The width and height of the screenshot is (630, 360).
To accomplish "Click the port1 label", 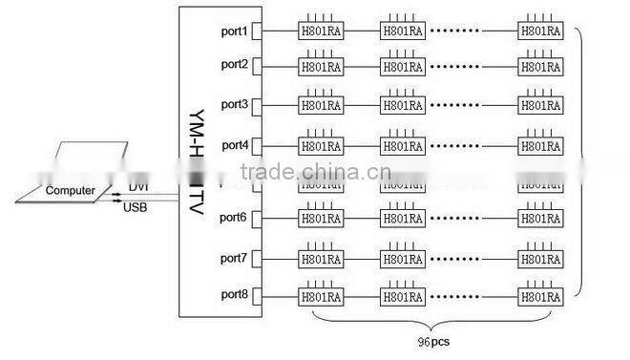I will (234, 32).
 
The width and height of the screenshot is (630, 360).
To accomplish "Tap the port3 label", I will (234, 103).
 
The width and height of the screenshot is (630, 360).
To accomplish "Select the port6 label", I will (234, 218).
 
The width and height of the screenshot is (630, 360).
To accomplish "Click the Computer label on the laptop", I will (71, 191).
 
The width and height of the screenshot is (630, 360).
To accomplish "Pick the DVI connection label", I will (138, 187).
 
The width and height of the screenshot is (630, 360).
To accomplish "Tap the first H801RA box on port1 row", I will (321, 32).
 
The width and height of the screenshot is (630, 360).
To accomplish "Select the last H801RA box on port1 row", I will (539, 32).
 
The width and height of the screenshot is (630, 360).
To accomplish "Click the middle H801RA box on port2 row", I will (402, 67).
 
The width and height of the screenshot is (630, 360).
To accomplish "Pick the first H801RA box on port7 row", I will (321, 259).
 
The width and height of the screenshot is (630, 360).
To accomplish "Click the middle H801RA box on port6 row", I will (402, 219).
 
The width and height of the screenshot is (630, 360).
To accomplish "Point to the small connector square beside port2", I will (257, 66).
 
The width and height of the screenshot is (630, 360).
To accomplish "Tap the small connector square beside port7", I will (257, 259).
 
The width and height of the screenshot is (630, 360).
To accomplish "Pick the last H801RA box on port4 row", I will (539, 146).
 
